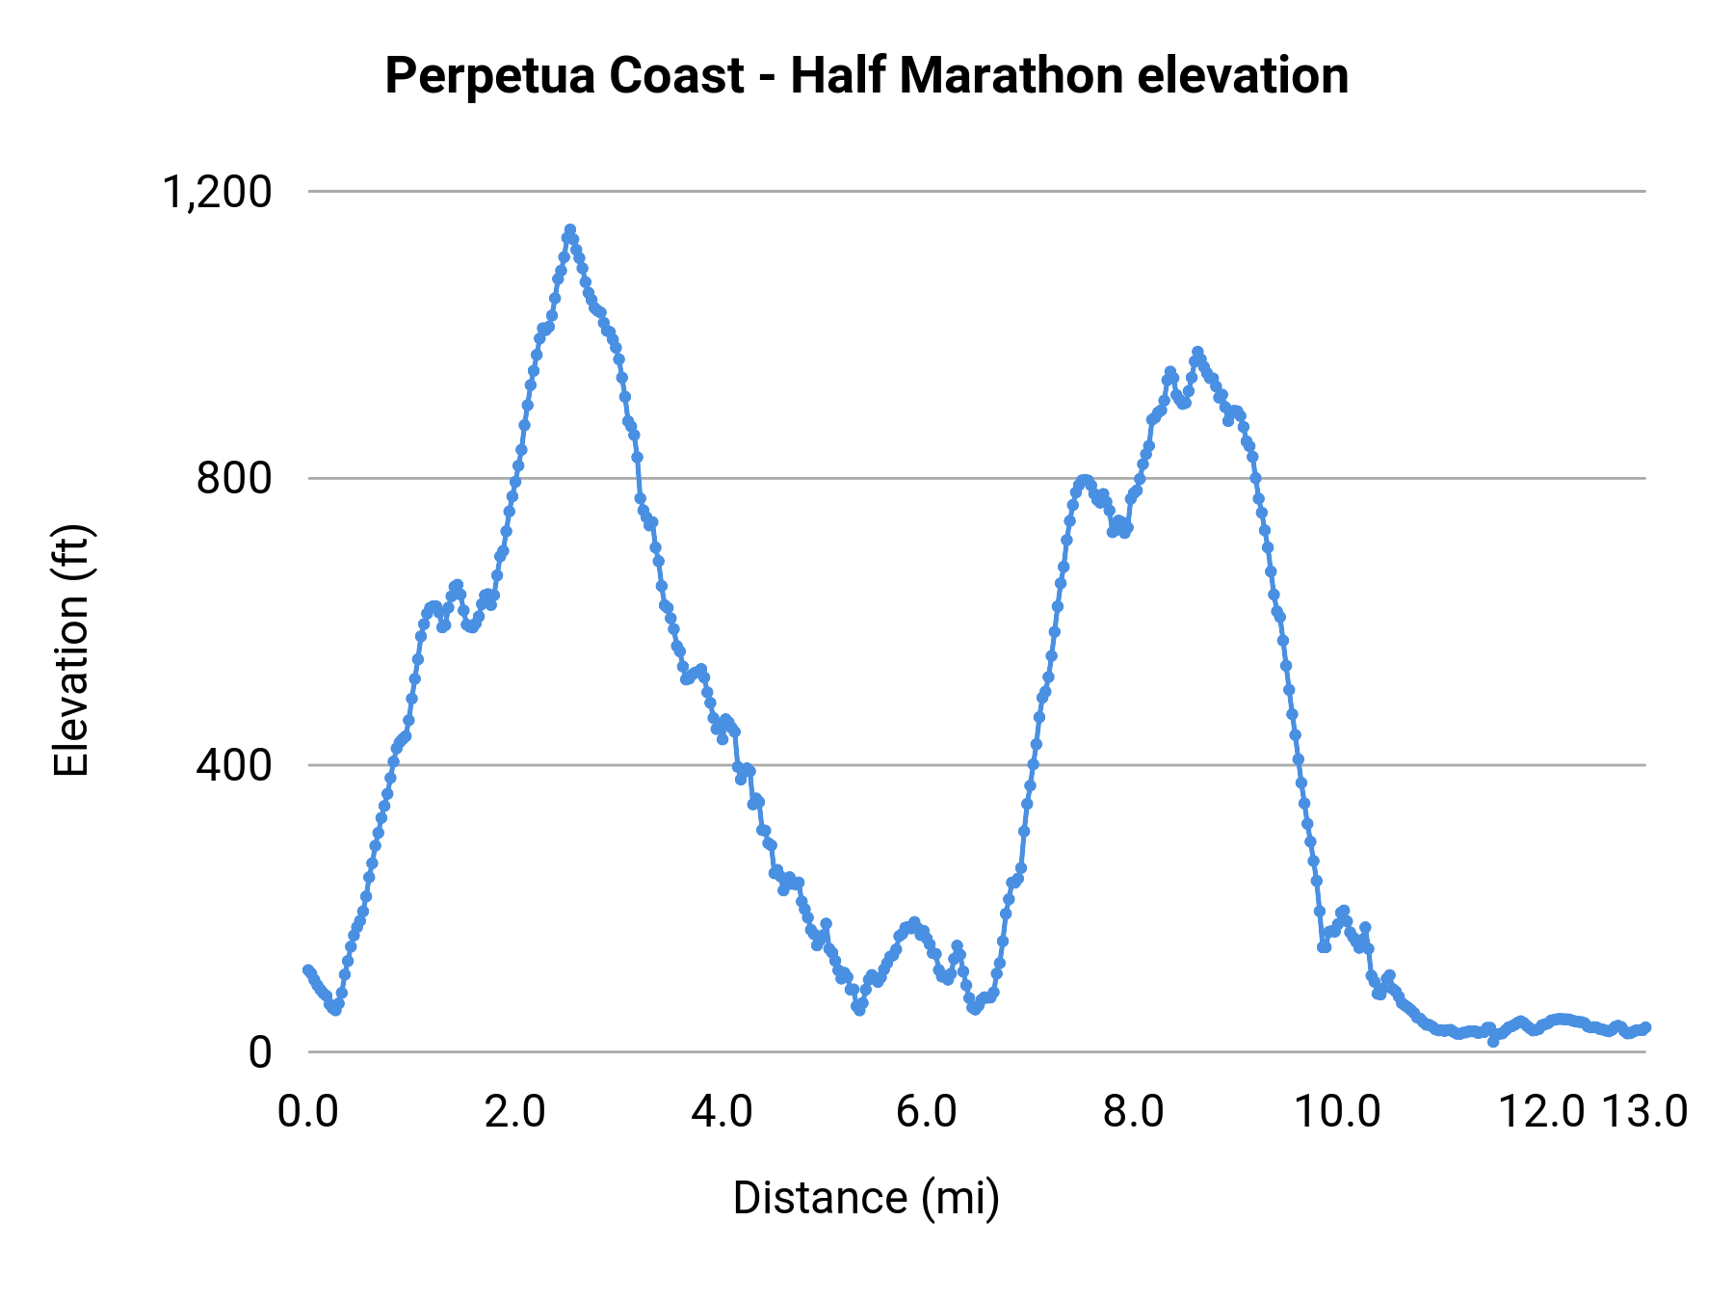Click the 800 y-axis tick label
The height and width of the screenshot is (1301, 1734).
(234, 479)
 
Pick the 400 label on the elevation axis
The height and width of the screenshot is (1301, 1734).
(234, 765)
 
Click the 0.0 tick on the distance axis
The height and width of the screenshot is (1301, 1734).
(308, 1112)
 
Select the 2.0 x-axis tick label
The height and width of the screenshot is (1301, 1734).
(514, 1112)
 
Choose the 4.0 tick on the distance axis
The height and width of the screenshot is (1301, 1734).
(722, 1112)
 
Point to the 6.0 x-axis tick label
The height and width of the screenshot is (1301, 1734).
(927, 1112)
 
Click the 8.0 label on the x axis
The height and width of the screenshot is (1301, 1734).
(1133, 1112)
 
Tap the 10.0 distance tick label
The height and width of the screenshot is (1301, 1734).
(1337, 1112)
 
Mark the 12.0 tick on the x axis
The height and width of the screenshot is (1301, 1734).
(1542, 1112)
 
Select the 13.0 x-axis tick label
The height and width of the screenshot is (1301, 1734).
(1644, 1112)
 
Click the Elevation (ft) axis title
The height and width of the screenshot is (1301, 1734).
(71, 650)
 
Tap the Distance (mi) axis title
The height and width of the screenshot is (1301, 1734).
(866, 1198)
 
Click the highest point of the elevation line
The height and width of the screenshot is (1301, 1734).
(570, 230)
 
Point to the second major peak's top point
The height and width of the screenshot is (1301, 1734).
(1197, 353)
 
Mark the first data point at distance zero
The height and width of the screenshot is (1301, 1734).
(308, 970)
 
